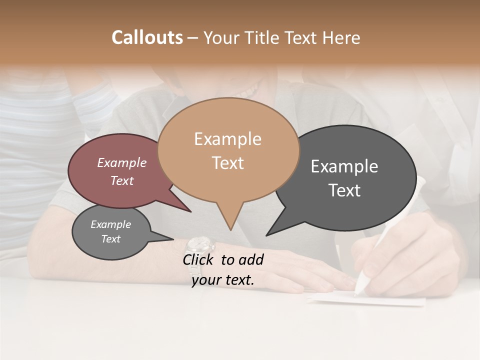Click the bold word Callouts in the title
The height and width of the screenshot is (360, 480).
pos(147,37)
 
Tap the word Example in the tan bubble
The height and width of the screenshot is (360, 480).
pos(227,139)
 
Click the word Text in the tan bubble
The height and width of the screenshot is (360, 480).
pos(227,163)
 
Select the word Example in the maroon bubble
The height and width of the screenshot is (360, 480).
pos(122,163)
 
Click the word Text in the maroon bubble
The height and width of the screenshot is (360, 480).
pos(122,180)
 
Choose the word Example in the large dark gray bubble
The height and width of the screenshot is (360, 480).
pos(344,166)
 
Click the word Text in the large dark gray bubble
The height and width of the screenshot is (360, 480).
pos(344,190)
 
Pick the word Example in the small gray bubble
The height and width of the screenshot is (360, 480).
pos(110,224)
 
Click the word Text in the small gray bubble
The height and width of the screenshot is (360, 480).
pos(110,239)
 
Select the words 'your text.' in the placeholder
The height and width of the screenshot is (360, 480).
pos(223,280)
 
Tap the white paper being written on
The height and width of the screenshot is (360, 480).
pos(380,300)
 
